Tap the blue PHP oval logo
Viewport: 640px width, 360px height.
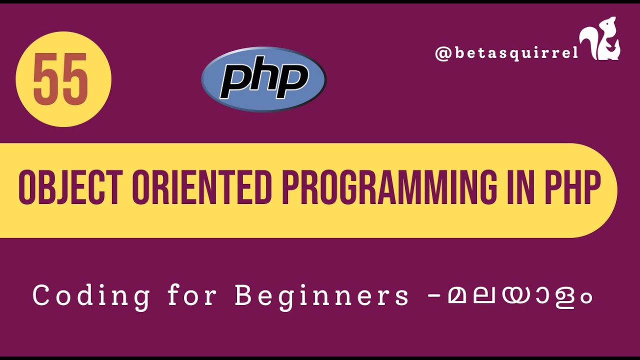click(x=263, y=79)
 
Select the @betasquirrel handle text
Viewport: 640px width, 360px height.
click(x=506, y=53)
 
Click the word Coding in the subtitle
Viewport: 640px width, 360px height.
click(x=91, y=296)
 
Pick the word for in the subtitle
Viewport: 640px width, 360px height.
click(x=192, y=296)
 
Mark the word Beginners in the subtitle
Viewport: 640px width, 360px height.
click(x=321, y=296)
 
